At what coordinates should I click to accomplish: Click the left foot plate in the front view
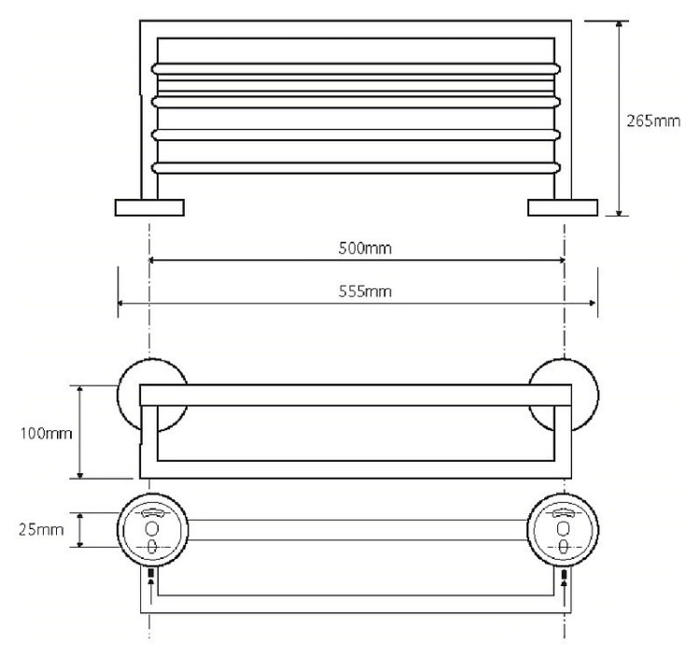(x=149, y=207)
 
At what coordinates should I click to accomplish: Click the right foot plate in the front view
(x=562, y=207)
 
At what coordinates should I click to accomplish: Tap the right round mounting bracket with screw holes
(x=564, y=530)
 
